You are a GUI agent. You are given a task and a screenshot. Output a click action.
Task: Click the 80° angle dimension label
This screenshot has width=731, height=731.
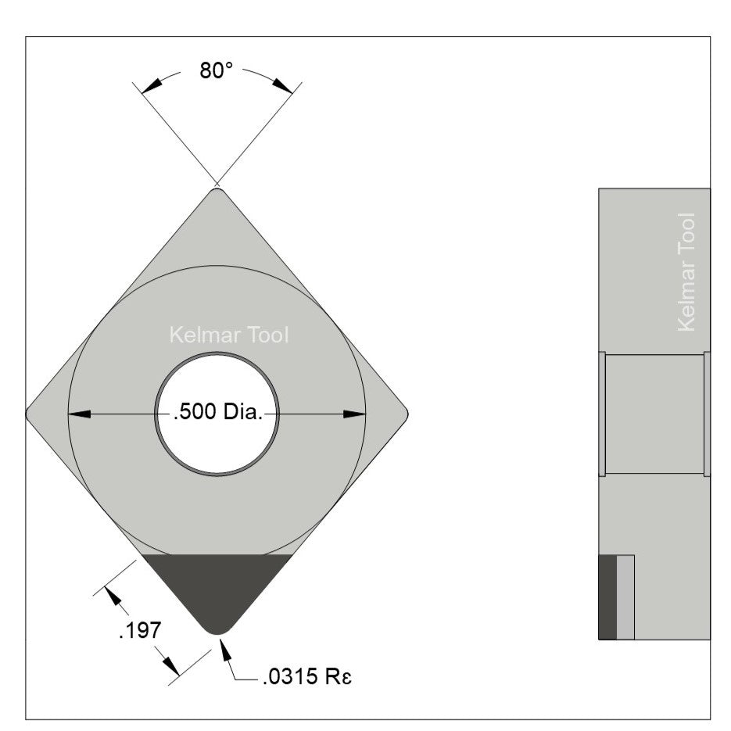pyautogui.click(x=217, y=71)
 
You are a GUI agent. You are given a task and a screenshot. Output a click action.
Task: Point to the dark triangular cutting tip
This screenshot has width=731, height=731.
pyautogui.click(x=217, y=586)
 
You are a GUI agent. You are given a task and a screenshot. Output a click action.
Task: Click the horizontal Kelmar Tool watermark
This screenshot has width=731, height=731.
pyautogui.click(x=229, y=335)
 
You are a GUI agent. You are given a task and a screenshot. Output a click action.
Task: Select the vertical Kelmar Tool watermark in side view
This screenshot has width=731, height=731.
pyautogui.click(x=686, y=271)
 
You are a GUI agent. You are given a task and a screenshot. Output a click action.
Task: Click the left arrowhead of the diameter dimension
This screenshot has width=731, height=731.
pyautogui.click(x=78, y=414)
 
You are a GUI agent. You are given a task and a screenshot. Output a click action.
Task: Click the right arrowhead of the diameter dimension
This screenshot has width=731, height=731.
pyautogui.click(x=356, y=414)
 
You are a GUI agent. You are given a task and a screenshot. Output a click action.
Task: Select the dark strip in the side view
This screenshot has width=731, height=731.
pyautogui.click(x=607, y=597)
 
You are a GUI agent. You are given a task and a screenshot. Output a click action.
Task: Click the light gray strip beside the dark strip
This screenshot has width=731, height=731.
pyautogui.click(x=625, y=597)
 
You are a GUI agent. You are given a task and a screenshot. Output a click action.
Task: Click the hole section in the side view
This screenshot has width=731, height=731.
pyautogui.click(x=654, y=414)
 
